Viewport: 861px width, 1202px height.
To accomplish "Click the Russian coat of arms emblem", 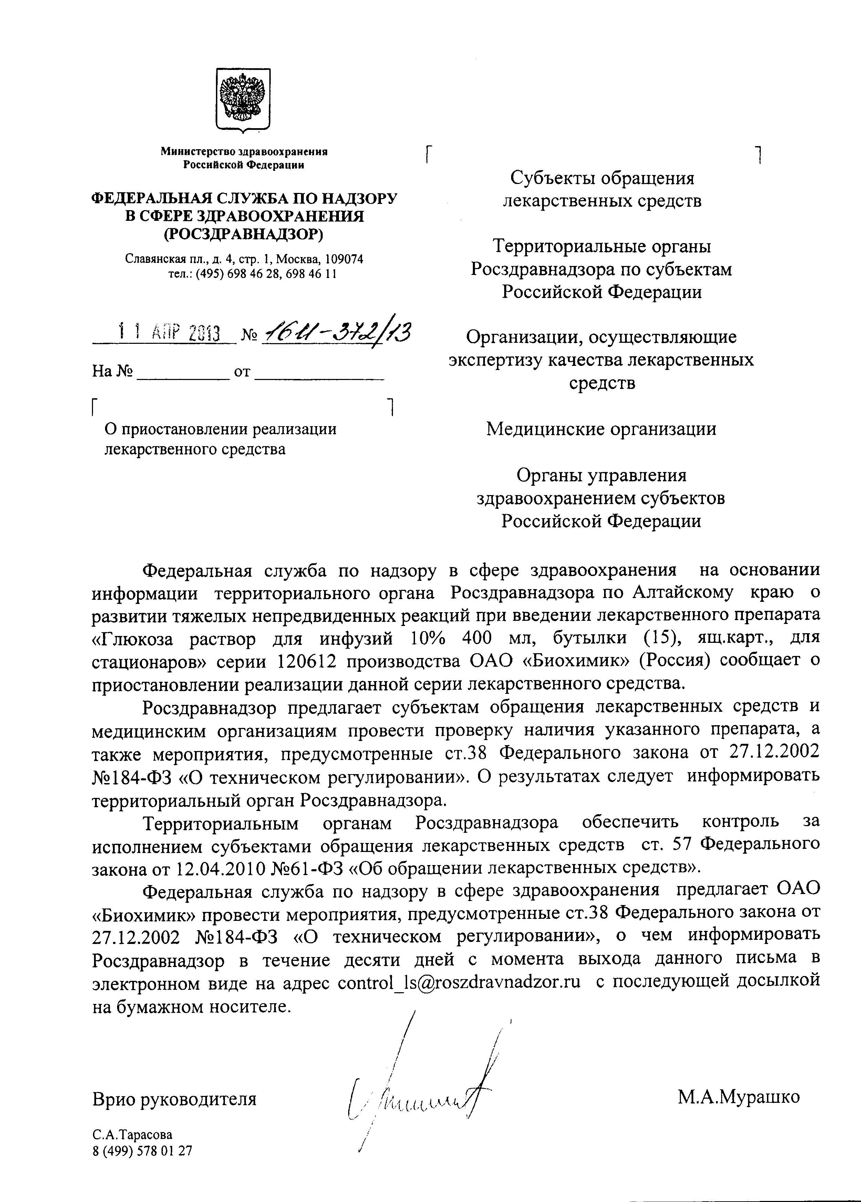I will pos(243,100).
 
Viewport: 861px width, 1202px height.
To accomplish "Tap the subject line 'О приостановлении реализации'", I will pos(220,429).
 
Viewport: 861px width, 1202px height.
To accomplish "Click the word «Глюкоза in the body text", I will pos(133,639).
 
